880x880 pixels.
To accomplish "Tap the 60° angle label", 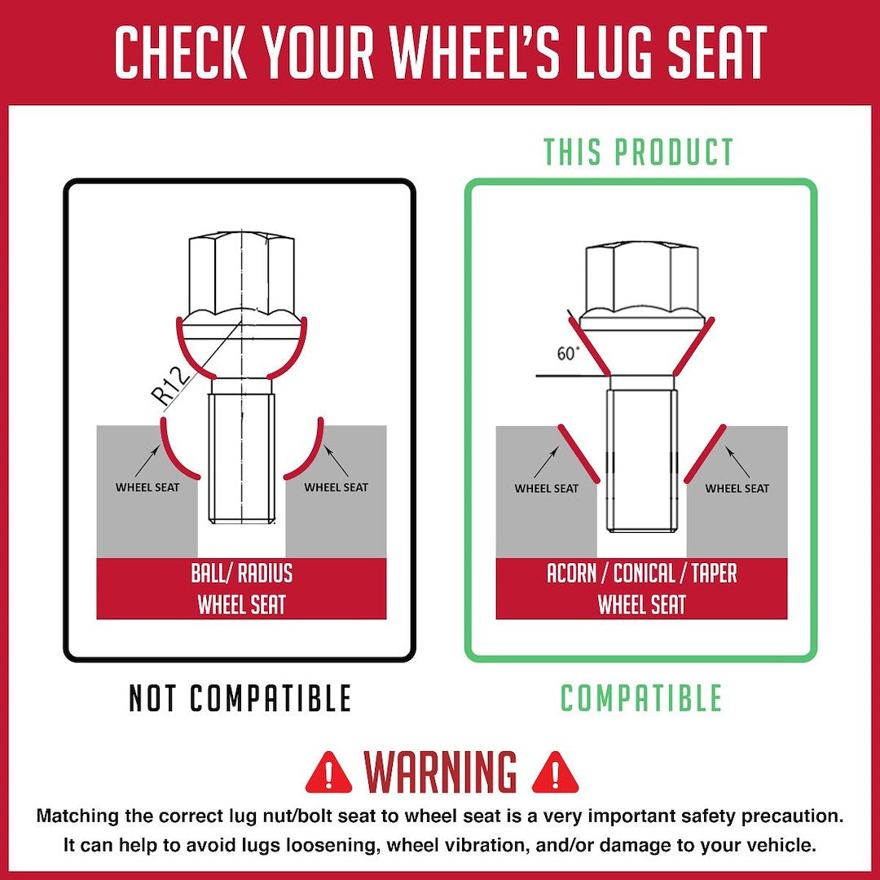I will pos(569,354).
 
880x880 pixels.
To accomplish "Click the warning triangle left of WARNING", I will pos(328,772).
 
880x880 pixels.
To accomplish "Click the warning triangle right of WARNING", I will pos(555,772).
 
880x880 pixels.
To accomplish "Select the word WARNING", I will pos(441,772).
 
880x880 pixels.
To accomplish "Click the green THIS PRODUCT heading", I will pos(639,153).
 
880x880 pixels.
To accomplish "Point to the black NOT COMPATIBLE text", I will pos(240,699).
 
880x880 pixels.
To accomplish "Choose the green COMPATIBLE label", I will pos(641,699).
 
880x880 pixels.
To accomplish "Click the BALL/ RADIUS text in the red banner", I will pos(242,574).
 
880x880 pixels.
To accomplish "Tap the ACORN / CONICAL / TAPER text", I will pos(642,574).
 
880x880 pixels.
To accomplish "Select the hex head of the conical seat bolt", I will pos(641,277).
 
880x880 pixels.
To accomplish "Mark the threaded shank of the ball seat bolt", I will pos(241,456).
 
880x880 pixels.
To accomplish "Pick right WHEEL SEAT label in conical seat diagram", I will pos(737,488).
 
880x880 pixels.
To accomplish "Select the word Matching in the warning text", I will pos(77,816).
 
